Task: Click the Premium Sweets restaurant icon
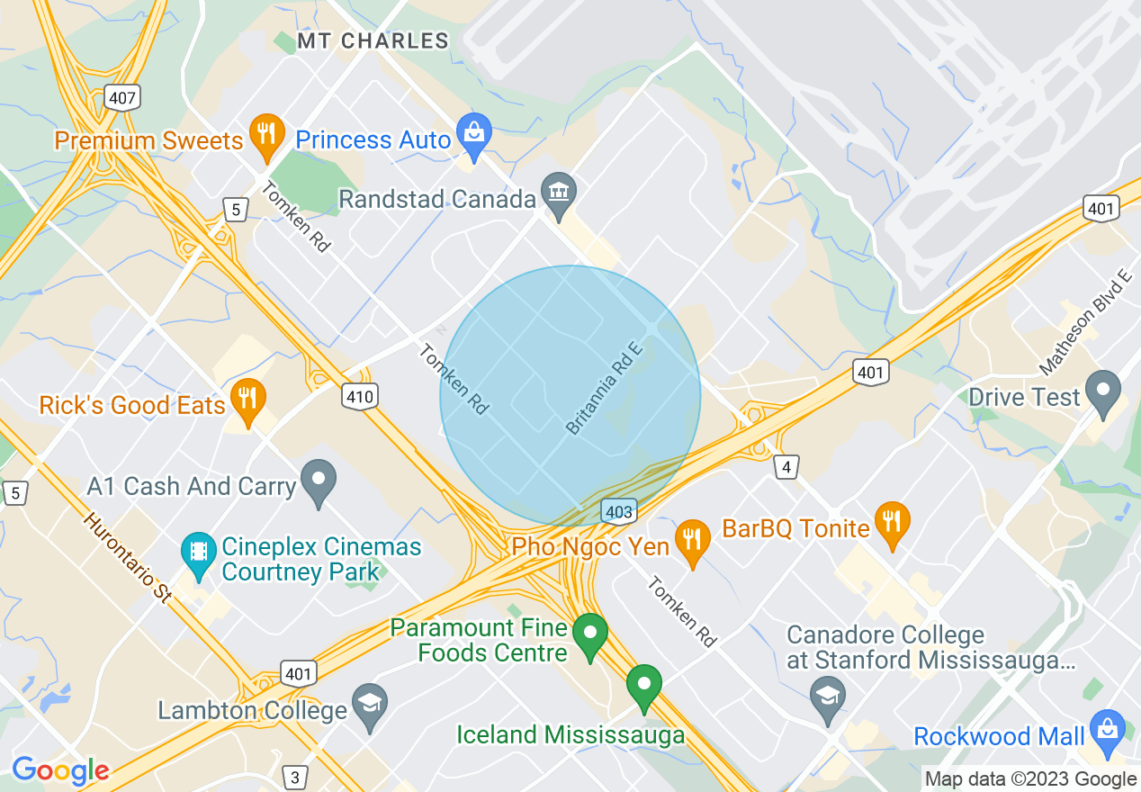coord(265,134)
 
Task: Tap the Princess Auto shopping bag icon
coord(472,134)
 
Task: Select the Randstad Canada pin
coord(559,193)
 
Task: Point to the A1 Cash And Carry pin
coord(318,481)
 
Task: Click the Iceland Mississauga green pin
coord(644,686)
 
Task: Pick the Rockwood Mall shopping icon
coord(1107,730)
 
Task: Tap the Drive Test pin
coord(1103,391)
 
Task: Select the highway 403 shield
coord(620,511)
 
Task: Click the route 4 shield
coord(786,466)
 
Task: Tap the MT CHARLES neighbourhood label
coord(373,40)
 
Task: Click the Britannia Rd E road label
coord(602,388)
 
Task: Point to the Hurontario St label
coord(127,557)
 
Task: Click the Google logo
coord(60,769)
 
